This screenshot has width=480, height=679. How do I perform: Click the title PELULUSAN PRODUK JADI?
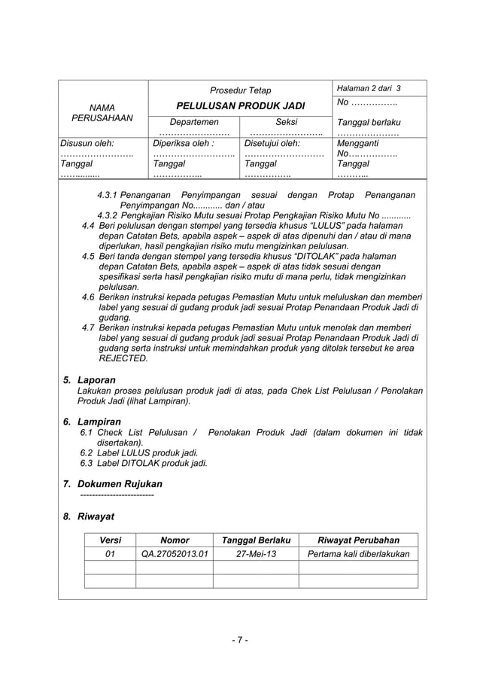[x=240, y=106]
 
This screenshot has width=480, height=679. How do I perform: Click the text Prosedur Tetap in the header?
[x=240, y=90]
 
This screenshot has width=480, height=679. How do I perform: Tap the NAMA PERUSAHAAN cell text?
[x=102, y=113]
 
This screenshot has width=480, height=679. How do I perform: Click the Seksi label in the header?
[x=286, y=122]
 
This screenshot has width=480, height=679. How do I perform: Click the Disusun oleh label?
[x=87, y=142]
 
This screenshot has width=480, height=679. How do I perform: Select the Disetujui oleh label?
[x=272, y=142]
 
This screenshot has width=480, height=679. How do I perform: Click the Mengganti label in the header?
[x=359, y=142]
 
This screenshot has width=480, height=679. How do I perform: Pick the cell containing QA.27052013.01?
[x=175, y=554]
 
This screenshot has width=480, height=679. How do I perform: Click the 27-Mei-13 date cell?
[x=256, y=554]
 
